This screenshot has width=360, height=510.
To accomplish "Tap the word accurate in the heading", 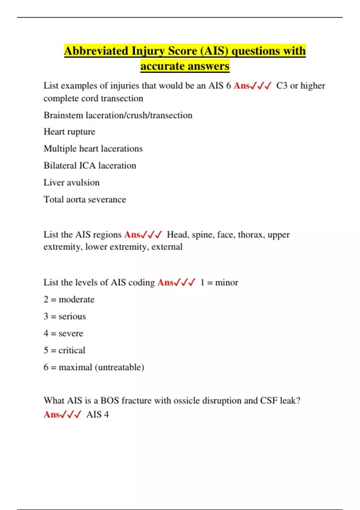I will click(x=159, y=66).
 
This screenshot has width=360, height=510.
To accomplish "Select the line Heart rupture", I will click(x=69, y=132).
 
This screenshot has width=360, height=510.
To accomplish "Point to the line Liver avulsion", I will click(x=71, y=182).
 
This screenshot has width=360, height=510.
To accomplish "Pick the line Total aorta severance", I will click(x=85, y=199).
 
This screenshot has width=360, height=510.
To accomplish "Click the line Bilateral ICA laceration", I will click(x=90, y=166).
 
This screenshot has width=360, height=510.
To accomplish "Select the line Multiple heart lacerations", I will click(x=93, y=148).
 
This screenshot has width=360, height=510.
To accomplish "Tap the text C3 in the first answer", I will click(x=282, y=86).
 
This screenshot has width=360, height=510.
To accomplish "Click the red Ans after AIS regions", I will click(x=132, y=235).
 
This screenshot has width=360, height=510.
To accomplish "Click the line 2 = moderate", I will click(x=69, y=299).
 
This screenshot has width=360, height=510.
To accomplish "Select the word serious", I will click(x=72, y=316).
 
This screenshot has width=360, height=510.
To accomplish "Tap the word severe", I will click(x=71, y=333).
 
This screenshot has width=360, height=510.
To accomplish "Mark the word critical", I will click(x=72, y=350).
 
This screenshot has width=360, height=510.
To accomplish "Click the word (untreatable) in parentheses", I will click(x=119, y=367).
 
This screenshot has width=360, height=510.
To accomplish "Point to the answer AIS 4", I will click(x=97, y=415).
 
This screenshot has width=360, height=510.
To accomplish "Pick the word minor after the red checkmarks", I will click(x=226, y=283).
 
